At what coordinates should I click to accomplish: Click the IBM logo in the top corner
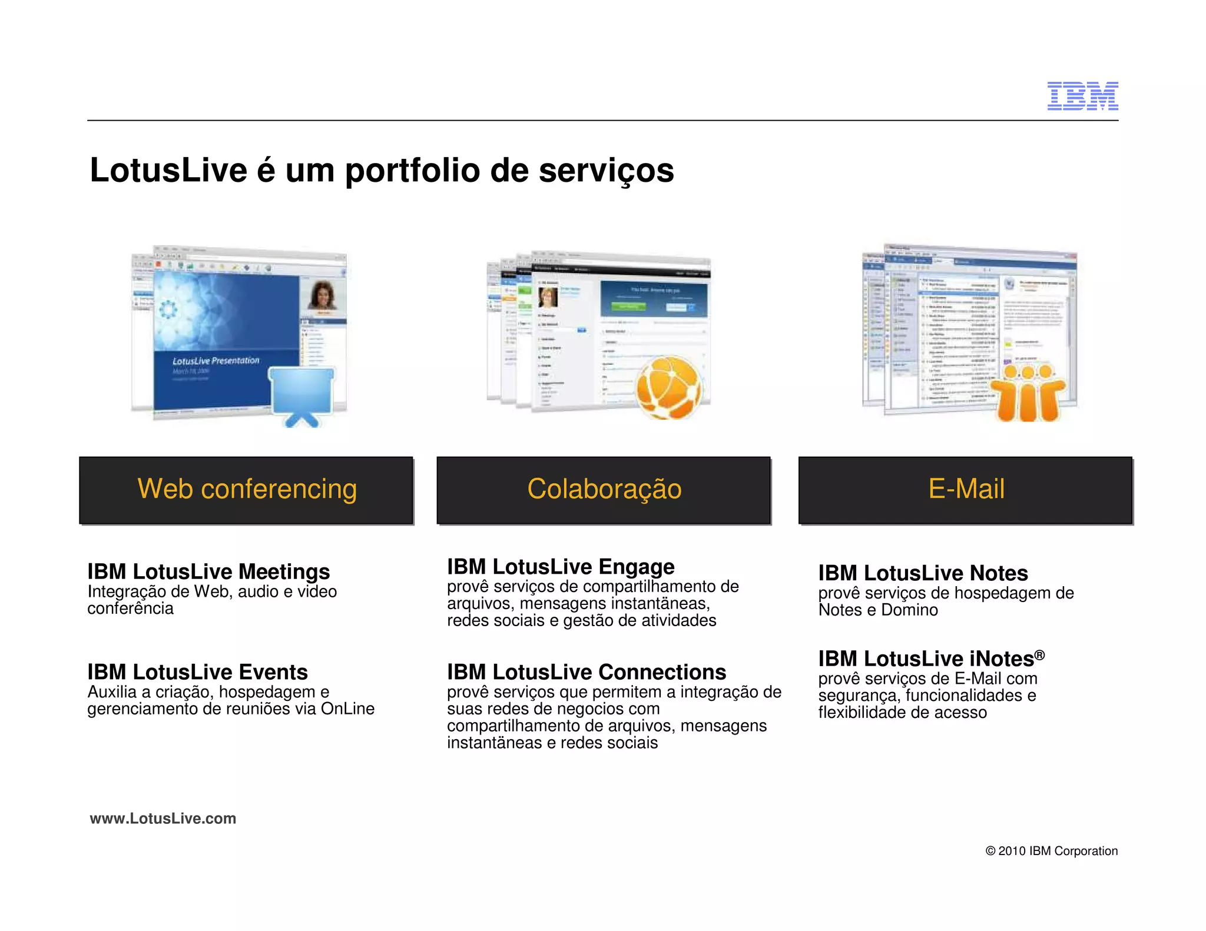click(1082, 96)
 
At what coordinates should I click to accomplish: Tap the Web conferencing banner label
click(247, 489)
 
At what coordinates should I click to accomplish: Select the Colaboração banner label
click(604, 489)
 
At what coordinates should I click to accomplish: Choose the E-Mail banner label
click(966, 489)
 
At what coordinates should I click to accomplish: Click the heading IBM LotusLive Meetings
click(208, 571)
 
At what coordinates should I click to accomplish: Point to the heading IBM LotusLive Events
click(197, 672)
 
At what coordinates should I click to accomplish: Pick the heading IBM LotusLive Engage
click(561, 567)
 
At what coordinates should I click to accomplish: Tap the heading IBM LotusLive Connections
click(587, 672)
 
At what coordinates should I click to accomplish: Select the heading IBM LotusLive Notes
click(923, 573)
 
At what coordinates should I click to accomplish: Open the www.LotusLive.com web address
click(163, 819)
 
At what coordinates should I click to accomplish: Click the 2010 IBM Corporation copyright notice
click(1051, 851)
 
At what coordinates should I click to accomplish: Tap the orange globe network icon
click(670, 388)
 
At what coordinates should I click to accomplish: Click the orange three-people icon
click(1028, 393)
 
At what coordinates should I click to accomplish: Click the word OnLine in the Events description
click(347, 709)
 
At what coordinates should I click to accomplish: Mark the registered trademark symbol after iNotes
click(1039, 654)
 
